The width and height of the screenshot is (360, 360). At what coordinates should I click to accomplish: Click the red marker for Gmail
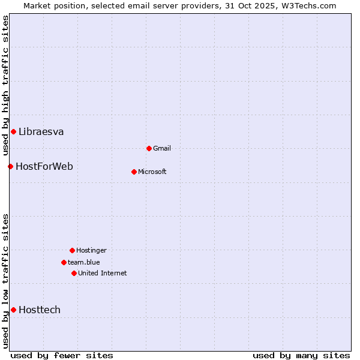coord(149,148)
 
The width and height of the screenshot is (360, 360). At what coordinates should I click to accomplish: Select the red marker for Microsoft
coord(134,172)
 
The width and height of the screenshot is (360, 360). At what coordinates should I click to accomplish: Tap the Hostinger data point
coord(72,250)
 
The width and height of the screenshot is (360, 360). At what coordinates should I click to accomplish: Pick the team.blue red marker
coord(64,262)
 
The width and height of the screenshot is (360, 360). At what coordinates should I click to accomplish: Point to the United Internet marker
coord(74,273)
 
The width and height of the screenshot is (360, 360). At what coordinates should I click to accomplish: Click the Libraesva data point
coord(13,131)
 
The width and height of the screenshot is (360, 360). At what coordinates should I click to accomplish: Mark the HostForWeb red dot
coord(10,166)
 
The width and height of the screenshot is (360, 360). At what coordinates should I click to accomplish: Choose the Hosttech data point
coord(13,310)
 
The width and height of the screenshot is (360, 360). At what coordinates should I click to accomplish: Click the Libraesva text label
coord(41,131)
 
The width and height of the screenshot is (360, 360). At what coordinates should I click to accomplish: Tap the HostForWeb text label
coord(44,166)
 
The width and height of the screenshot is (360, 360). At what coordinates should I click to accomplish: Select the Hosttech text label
coord(40,310)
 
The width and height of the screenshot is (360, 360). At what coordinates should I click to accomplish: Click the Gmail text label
coord(162,148)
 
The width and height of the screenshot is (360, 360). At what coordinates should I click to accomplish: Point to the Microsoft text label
coord(152,172)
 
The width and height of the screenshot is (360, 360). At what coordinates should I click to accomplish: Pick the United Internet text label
coord(102,273)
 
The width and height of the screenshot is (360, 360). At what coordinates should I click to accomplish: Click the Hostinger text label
coord(91,250)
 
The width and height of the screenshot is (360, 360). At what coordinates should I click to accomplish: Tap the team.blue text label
coord(83,262)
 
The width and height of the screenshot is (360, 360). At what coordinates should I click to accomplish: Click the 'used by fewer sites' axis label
coord(62,355)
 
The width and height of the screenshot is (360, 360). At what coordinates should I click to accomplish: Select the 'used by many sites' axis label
coord(301,355)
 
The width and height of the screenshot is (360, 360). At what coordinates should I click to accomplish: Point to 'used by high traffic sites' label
coord(5,86)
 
